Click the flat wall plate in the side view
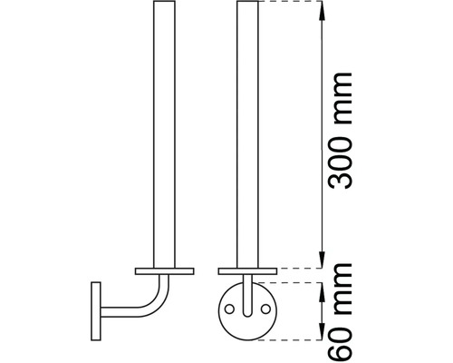tap(94, 310)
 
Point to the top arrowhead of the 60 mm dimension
tap(322, 287)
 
